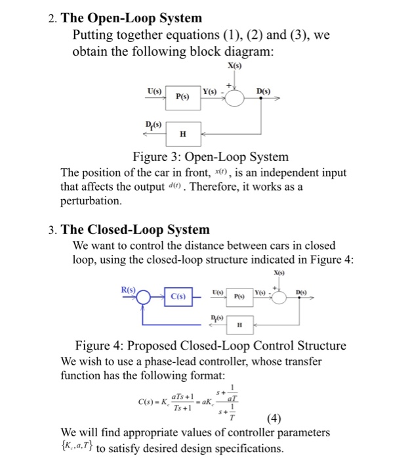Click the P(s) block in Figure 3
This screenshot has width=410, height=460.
(x=182, y=96)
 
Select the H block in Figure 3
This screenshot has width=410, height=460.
(x=183, y=134)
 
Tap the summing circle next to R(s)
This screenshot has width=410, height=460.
(x=146, y=295)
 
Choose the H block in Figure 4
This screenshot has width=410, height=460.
(x=240, y=324)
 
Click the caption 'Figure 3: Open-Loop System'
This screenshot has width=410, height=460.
(x=211, y=156)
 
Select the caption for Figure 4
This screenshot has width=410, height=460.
(x=211, y=346)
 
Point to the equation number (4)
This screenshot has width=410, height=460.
(x=275, y=419)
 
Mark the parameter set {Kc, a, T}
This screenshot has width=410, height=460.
(x=77, y=449)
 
